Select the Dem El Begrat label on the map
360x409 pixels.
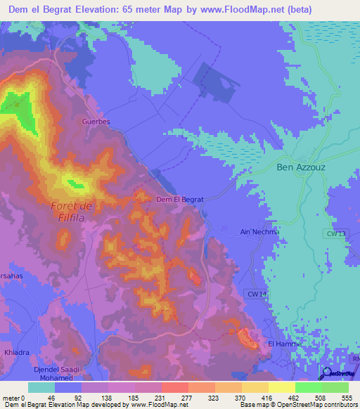click(179, 200)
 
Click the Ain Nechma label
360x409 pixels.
click(260, 231)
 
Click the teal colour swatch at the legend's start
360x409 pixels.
click(41, 387)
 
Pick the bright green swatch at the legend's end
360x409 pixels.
click(335, 387)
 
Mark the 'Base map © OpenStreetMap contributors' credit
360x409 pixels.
click(298, 405)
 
